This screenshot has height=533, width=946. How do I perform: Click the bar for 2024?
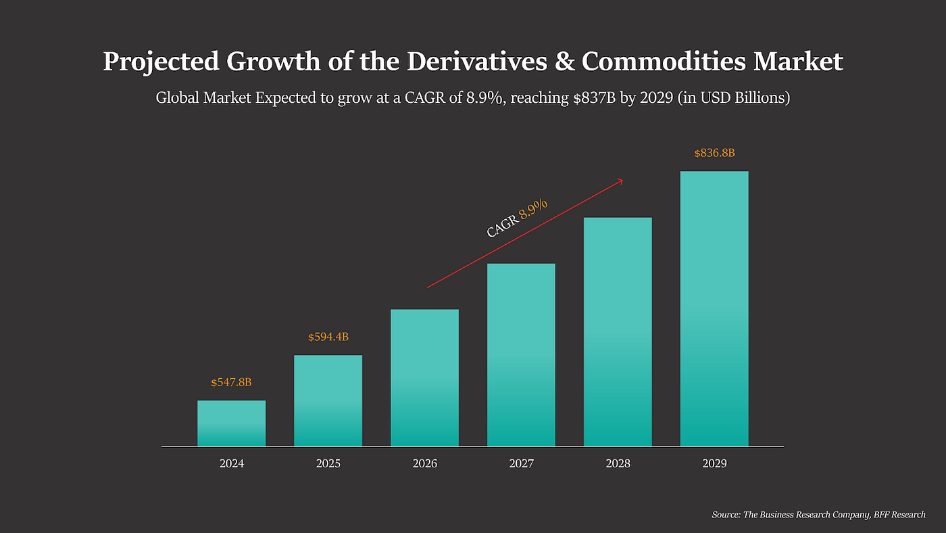[231, 423]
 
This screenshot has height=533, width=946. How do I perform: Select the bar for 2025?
[328, 400]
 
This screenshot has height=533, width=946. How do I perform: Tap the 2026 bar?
[424, 377]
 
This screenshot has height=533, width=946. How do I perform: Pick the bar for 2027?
[521, 354]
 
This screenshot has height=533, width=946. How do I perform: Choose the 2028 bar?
[618, 331]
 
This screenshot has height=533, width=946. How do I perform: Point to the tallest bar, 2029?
[714, 308]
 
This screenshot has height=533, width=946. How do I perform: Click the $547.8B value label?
[231, 383]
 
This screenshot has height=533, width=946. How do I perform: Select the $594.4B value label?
[328, 337]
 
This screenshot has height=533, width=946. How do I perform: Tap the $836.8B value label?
[714, 154]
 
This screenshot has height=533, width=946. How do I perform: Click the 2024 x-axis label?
[231, 464]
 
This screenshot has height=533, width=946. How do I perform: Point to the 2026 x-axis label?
[424, 464]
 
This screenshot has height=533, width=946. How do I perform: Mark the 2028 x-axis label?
[618, 464]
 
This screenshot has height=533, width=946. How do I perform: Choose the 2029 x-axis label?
[714, 464]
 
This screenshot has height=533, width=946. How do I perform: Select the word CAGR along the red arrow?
[502, 225]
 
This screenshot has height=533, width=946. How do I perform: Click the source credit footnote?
[818, 515]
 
